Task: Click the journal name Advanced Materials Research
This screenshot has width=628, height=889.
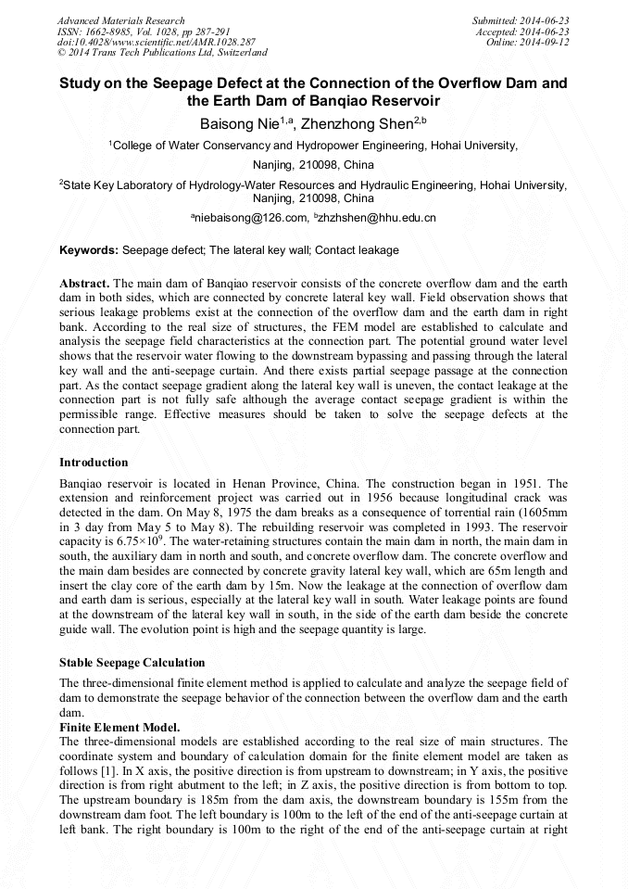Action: (120, 20)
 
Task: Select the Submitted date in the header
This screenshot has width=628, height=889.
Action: (521, 20)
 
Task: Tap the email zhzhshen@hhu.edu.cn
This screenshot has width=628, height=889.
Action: (378, 219)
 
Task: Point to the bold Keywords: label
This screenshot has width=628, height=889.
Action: (89, 250)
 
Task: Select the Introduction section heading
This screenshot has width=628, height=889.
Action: (94, 463)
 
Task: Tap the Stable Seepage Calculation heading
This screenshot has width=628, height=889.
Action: (132, 663)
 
